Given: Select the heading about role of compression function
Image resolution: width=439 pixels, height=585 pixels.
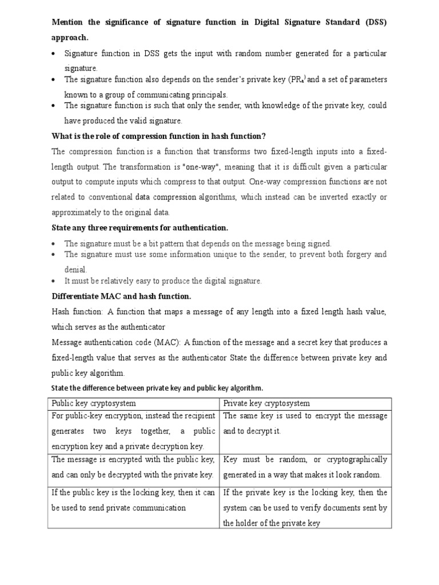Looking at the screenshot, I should pos(159,136).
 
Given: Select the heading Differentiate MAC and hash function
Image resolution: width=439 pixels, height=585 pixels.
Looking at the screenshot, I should pos(121,296).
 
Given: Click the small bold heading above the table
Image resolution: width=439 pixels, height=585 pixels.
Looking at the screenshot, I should pos(157,388).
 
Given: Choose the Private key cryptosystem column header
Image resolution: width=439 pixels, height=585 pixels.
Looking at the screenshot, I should pos(267,403).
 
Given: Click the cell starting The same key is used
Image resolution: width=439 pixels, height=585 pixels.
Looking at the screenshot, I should pos(305,423).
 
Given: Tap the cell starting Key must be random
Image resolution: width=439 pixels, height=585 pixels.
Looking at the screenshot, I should pos(305,467).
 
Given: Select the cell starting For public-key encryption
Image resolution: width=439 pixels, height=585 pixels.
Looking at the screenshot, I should pos(134,431).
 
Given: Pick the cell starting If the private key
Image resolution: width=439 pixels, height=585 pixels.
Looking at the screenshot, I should pos(305,507).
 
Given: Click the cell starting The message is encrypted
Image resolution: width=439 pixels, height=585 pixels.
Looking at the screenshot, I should pos(134,467).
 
